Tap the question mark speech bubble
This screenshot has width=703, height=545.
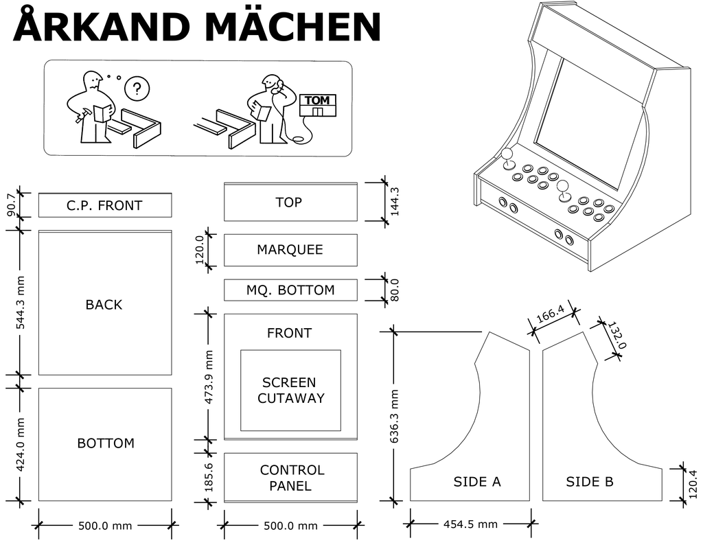pos(137,89)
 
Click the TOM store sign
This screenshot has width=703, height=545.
pos(317,101)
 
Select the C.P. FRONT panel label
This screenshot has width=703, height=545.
pos(104,205)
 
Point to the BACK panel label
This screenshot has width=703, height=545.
pos(104,305)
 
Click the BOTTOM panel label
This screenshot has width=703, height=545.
pos(105,443)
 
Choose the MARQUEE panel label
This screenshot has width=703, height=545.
pos(290,250)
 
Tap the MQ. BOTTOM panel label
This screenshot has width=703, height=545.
pos(290,290)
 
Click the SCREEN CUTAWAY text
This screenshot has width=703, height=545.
pos(290,390)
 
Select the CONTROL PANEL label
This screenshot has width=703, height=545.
pos(292,478)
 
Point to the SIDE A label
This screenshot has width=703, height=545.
pos(477,482)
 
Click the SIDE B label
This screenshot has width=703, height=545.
pos(590,482)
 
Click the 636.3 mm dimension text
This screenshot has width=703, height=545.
pos(394,416)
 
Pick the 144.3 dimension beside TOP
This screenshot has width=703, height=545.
pos(394,202)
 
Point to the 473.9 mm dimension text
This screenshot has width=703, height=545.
pos(209,377)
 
